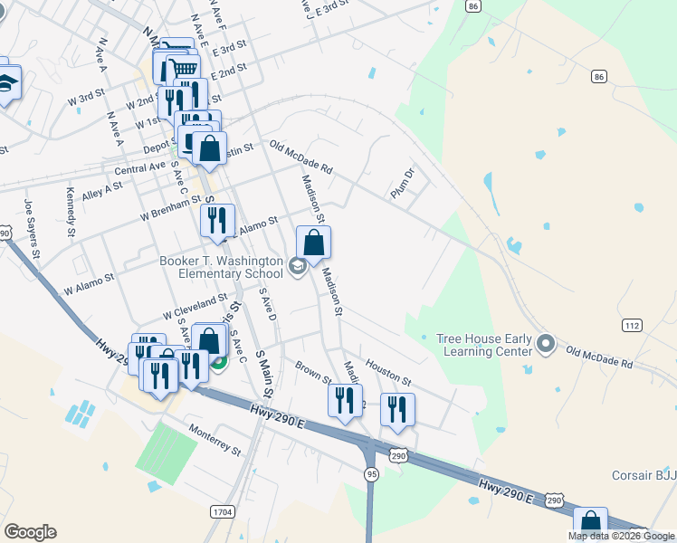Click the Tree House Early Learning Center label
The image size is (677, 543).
tap(484, 345)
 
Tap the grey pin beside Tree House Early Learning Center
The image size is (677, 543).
tap(545, 344)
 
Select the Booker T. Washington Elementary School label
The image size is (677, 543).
tap(221, 267)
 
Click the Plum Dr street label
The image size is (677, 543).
tap(402, 184)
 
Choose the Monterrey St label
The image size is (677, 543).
tap(215, 437)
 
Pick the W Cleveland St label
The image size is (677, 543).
tap(195, 305)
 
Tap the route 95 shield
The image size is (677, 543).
tap(371, 473)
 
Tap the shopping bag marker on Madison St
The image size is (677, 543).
tap(314, 243)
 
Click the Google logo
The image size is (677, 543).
tap(30, 532)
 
